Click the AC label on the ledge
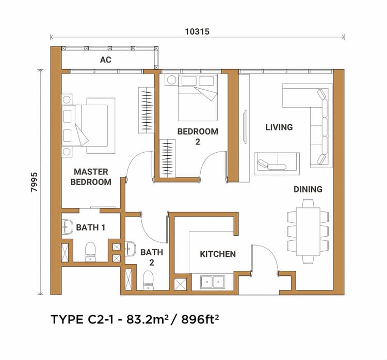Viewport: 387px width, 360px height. coord(105,60)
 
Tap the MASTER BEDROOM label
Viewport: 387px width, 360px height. coord(91,176)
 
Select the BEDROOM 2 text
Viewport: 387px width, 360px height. coord(197,136)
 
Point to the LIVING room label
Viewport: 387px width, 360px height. coord(279,127)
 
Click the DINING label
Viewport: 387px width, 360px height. coord(308,189)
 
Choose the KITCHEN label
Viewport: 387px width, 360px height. coord(218,254)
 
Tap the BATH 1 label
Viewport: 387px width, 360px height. coord(91,227)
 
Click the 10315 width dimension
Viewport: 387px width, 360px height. coord(197,31)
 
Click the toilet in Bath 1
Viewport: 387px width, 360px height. coord(91,251)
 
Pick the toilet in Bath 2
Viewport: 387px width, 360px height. coord(149,280)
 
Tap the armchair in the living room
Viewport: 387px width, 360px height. coord(277,162)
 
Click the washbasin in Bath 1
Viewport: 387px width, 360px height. coord(67,226)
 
